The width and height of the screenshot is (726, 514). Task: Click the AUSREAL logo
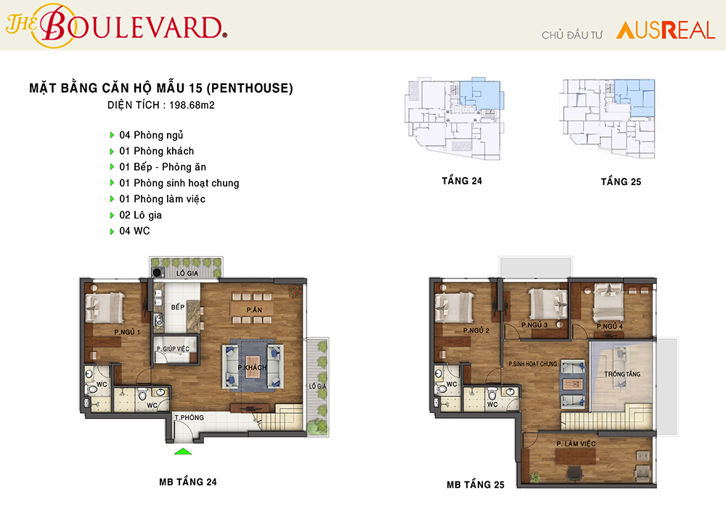665,30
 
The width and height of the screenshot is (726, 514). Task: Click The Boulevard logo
116,25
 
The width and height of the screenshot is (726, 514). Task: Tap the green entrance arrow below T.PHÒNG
183,451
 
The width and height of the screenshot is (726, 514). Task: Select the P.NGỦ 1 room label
127,332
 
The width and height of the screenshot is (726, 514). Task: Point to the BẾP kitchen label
177,307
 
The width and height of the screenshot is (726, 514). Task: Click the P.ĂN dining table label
254,310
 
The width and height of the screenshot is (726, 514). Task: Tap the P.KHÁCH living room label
253,367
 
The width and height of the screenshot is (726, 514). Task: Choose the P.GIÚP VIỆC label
173,348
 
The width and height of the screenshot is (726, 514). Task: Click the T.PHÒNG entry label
189,417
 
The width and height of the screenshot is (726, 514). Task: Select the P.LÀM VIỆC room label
576,444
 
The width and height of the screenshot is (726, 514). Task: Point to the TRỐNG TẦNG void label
622,374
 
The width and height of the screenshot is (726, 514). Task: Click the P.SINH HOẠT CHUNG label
533,364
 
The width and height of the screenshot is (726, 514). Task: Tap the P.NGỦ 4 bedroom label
610,326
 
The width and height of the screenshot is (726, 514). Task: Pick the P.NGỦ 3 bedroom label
534,325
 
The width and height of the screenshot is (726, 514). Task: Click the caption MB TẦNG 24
188,482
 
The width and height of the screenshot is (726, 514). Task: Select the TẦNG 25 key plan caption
621,181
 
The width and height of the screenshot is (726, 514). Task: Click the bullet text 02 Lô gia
141,215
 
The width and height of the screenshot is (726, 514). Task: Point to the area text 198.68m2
192,105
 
